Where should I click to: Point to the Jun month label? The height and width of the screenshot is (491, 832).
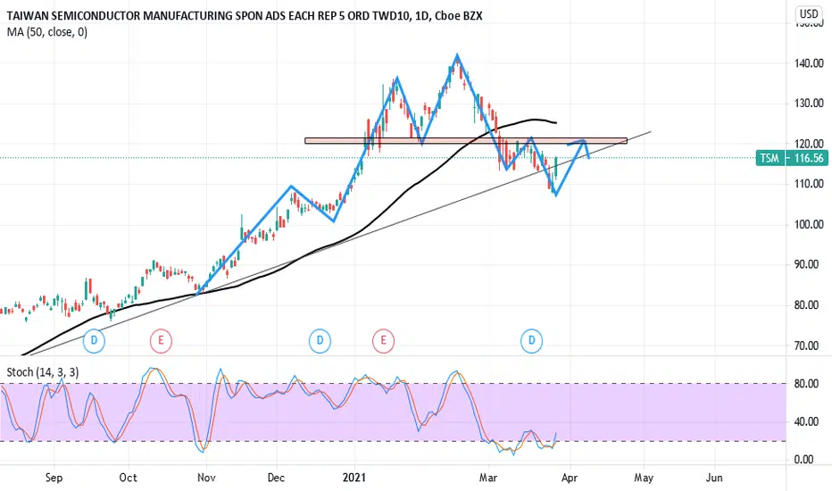tap(714, 478)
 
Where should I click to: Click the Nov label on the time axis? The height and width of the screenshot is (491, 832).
tap(206, 478)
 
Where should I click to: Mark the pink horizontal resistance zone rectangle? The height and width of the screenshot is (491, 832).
tap(465, 140)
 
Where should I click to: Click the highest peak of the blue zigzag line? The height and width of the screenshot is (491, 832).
tap(457, 55)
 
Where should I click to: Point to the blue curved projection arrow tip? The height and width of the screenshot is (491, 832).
tap(588, 158)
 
